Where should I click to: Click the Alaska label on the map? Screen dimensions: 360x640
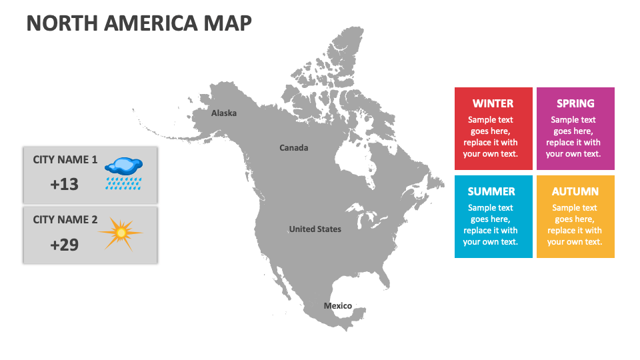point(224,113)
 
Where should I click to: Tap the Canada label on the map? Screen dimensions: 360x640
point(293,148)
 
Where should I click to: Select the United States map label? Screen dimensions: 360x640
point(315,229)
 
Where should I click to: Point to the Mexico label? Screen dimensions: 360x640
point(337,306)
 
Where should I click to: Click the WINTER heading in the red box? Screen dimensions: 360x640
point(493,103)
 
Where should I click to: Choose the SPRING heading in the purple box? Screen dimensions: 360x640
point(575,103)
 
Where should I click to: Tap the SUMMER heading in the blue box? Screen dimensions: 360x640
point(491,191)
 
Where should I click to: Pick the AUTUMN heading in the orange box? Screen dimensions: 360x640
point(575,191)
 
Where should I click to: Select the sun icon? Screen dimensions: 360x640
point(121,233)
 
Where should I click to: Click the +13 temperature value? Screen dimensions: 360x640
point(65,185)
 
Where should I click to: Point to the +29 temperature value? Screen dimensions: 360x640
point(65,245)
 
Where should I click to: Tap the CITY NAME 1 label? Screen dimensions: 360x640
point(65,160)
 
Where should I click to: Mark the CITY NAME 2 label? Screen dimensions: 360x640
point(65,220)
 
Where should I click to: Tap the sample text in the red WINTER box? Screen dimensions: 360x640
point(490,137)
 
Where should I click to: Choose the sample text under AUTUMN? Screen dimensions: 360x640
point(575,225)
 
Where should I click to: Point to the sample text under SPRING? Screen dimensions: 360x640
point(573,137)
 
